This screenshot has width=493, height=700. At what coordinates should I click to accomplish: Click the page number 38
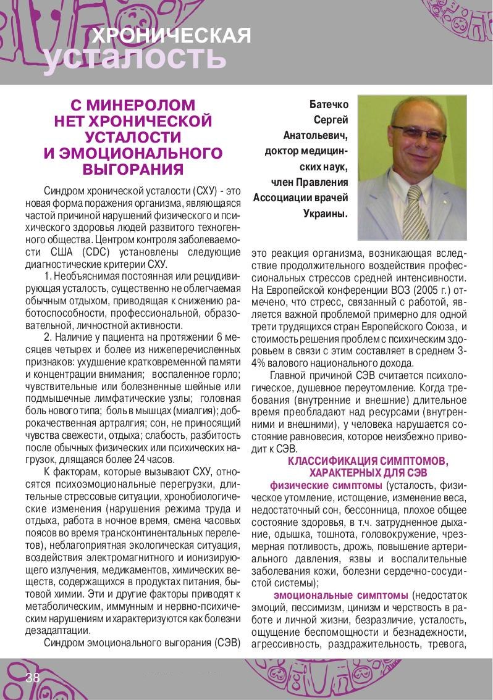[33, 678]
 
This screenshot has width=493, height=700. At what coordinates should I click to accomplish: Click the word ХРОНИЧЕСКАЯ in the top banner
[171, 36]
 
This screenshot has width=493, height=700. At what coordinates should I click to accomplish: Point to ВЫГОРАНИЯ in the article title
[133, 168]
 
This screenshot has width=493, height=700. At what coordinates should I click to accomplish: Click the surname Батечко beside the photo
[329, 105]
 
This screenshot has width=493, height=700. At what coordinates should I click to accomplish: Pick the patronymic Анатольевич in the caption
[316, 136]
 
